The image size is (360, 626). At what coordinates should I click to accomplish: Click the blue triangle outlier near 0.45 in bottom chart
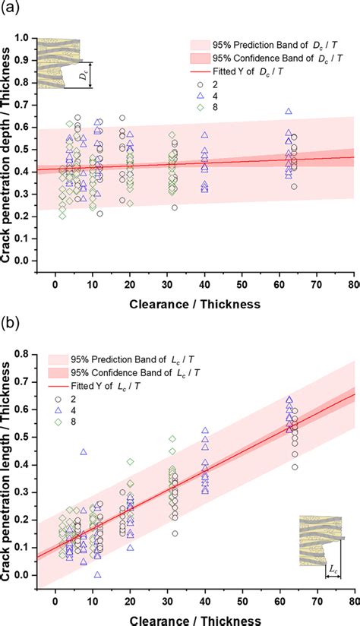[x=84, y=452]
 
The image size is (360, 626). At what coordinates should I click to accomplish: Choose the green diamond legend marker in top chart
[x=198, y=108]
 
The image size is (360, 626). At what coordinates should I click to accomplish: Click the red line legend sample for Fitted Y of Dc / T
[x=198, y=71]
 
